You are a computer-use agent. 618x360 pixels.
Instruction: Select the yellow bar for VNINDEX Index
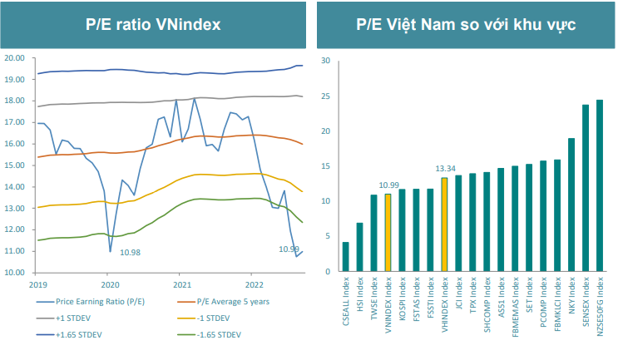(x=388, y=233)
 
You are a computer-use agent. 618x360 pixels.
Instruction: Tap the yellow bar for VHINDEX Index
(x=444, y=224)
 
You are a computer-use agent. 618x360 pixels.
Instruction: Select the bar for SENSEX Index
(x=586, y=189)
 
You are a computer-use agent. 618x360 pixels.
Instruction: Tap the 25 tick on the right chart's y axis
(x=327, y=96)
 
